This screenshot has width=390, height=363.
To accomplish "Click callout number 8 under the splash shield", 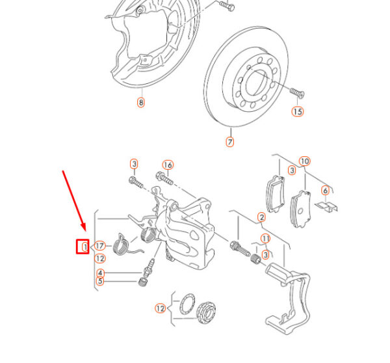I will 140,102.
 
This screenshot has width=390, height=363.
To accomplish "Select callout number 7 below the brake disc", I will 229,141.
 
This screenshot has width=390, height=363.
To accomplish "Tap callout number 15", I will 297,111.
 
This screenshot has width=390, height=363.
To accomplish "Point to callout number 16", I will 167,165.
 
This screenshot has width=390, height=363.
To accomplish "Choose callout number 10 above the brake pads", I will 304,161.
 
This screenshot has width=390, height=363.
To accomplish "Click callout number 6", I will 325,191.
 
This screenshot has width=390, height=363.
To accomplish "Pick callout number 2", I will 261,217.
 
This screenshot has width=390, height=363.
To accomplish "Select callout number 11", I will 265,239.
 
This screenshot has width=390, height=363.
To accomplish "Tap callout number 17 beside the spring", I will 99,246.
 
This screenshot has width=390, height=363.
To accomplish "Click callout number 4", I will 100,273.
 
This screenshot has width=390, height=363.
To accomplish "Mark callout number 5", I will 100,281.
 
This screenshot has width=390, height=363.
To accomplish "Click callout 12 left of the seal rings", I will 160,308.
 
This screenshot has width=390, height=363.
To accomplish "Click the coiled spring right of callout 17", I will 121,245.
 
